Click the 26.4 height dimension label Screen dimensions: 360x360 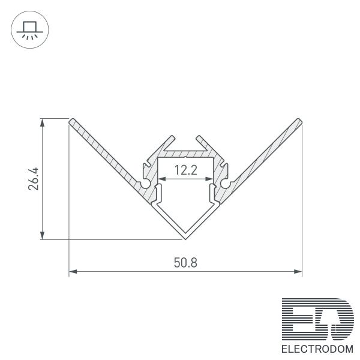[x=33, y=179]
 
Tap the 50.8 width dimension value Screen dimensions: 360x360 [x=185, y=263]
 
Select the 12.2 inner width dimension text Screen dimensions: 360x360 [x=186, y=170]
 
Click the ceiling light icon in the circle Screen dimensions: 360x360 [x=30, y=31]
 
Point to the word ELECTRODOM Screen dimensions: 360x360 [x=317, y=349]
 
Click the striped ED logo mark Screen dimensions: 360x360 [x=318, y=319]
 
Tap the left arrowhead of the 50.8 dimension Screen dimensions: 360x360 [x=73, y=272]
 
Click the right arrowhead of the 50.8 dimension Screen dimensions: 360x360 [x=298, y=272]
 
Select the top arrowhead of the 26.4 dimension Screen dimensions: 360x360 [x=42, y=123]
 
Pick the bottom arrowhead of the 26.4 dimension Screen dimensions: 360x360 [x=42, y=235]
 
